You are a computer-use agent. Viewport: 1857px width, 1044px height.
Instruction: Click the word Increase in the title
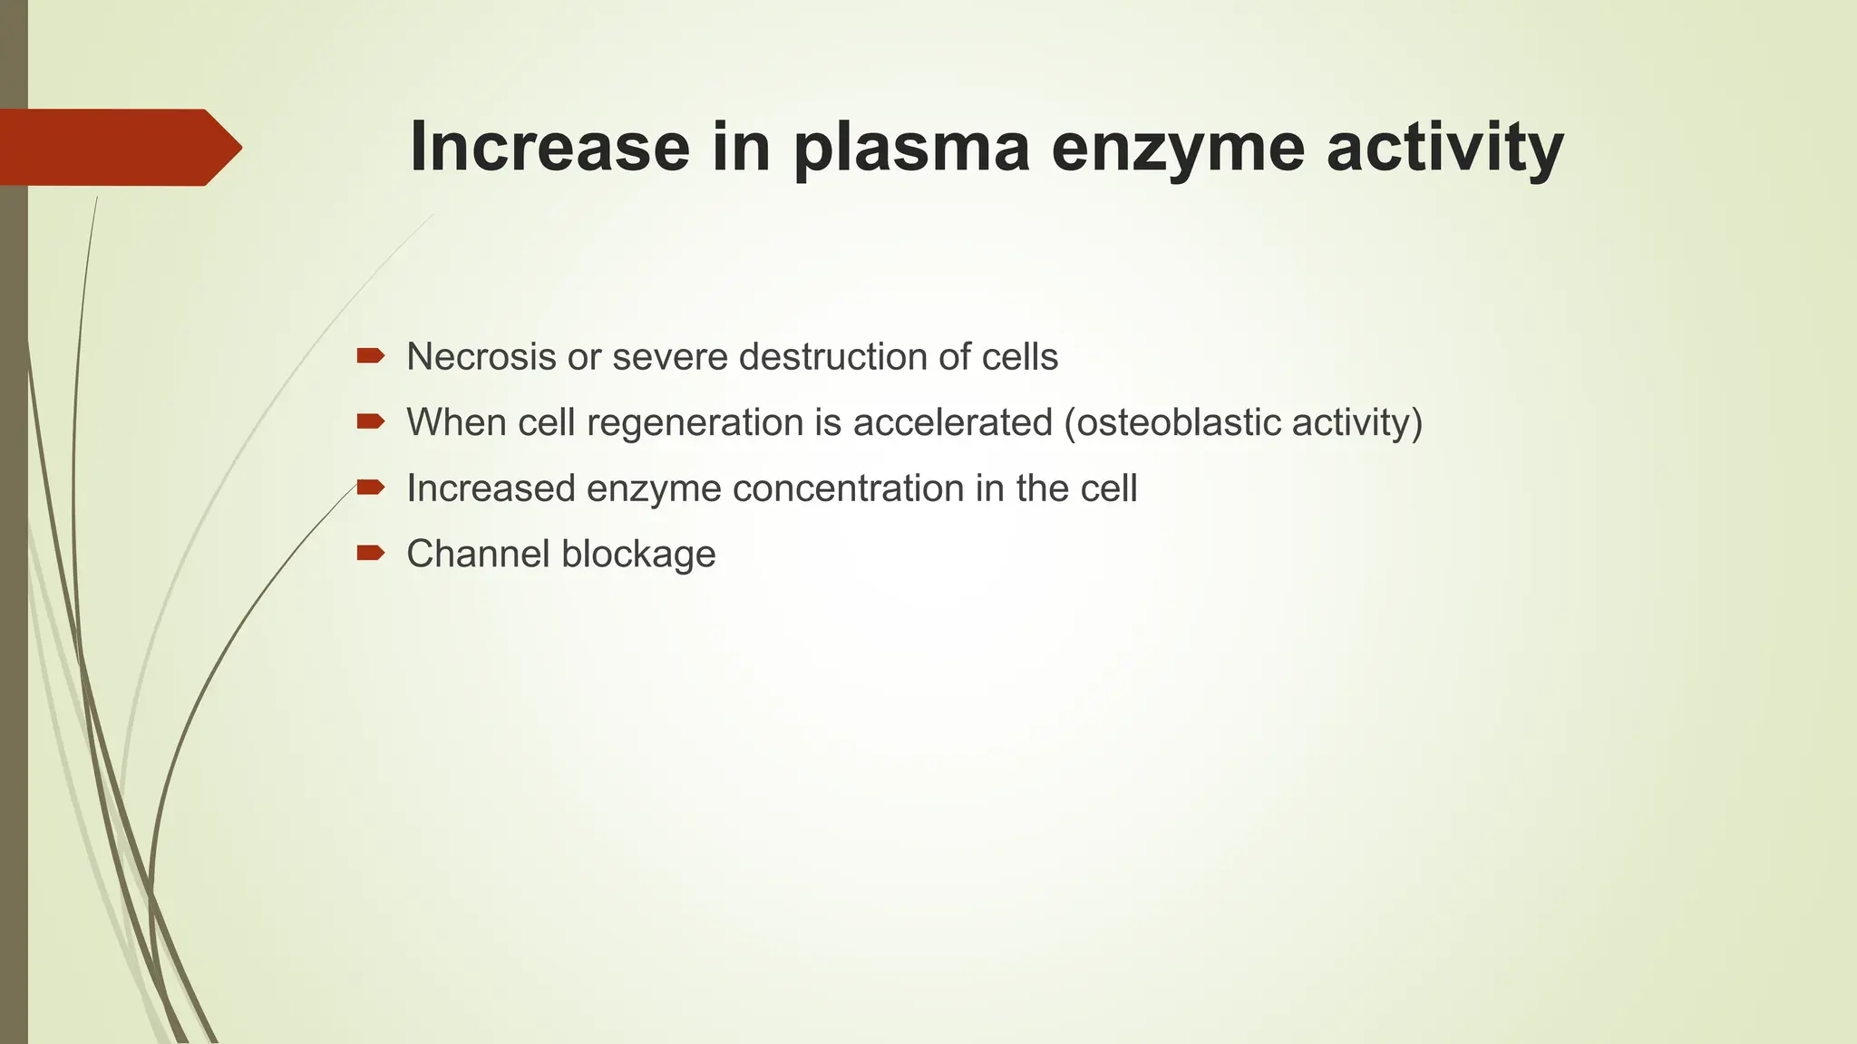point(549,147)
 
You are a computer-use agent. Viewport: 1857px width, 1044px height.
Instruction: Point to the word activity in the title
point(1445,149)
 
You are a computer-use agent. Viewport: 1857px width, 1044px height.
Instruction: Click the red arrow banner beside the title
point(118,148)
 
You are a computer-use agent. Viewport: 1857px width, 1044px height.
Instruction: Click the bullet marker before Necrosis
point(370,356)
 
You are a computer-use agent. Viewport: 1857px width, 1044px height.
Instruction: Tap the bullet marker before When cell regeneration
point(370,421)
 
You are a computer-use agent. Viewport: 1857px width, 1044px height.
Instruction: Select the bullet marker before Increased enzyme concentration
point(370,488)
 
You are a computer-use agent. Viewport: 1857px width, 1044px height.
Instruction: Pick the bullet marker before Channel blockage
point(370,553)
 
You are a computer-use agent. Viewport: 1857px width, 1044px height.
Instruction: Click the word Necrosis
point(481,357)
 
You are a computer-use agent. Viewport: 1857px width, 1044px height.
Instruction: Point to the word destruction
point(833,357)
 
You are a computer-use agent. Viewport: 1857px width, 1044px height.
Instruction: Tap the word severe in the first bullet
point(669,357)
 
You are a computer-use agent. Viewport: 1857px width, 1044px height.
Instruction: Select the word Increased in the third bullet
point(491,488)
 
